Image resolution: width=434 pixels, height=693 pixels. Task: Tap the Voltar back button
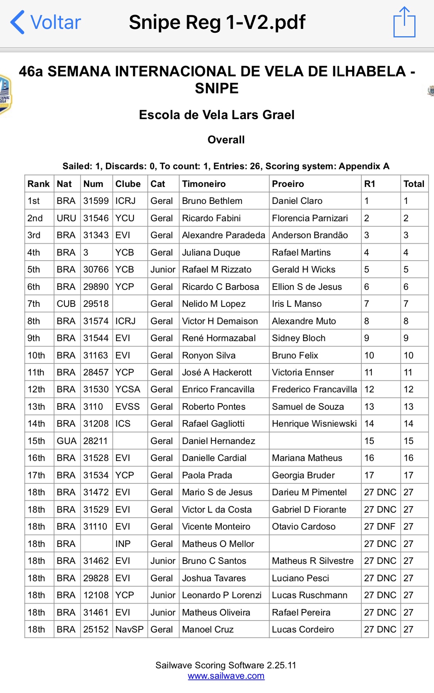(x=46, y=22)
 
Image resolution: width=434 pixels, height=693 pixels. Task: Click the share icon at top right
(x=404, y=22)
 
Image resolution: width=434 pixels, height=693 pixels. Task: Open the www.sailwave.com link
(x=226, y=676)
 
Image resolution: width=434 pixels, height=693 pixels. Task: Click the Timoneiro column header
(x=204, y=184)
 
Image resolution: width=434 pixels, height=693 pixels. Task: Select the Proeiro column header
(x=288, y=184)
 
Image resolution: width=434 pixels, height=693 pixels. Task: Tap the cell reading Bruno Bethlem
(x=212, y=201)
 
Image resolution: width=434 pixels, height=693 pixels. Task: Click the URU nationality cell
(x=66, y=218)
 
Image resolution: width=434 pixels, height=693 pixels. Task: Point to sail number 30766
(x=96, y=269)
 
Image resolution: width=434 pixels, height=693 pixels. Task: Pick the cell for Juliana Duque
(x=211, y=252)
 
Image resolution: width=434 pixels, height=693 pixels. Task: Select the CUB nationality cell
(x=66, y=304)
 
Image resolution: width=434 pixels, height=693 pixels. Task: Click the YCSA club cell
(x=128, y=389)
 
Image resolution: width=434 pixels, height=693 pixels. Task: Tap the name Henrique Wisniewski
(x=314, y=424)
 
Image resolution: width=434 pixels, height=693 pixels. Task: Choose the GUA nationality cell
(x=66, y=441)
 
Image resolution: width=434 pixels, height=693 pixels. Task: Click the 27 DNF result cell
(x=380, y=526)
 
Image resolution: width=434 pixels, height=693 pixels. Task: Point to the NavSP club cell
(x=129, y=629)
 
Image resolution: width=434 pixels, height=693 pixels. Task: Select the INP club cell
(x=123, y=544)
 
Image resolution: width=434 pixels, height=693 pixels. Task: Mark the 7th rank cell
(x=34, y=304)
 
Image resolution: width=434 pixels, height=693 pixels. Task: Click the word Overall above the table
(x=226, y=140)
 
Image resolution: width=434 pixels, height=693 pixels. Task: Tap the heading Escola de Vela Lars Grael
(x=217, y=115)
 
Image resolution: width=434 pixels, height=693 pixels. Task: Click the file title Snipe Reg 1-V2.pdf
(x=217, y=22)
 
